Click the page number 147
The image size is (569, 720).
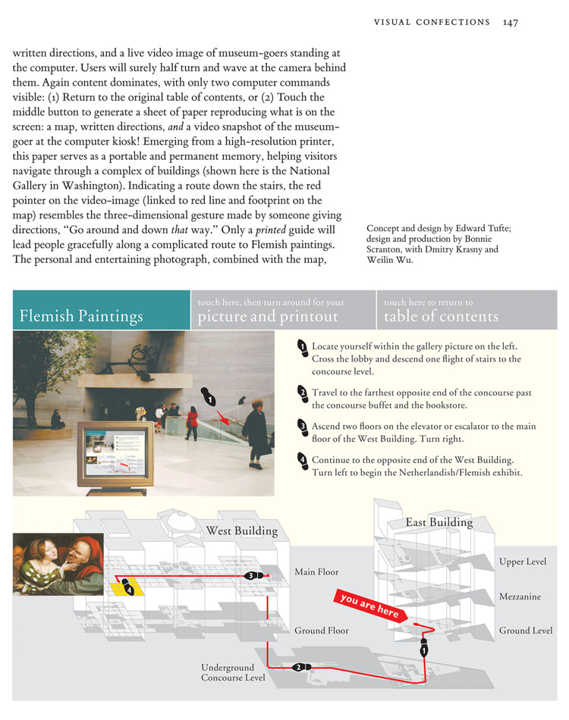click(x=510, y=22)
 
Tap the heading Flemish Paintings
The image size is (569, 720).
click(x=81, y=315)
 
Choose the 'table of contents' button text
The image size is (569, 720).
click(x=441, y=315)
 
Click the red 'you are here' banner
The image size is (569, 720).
click(x=369, y=606)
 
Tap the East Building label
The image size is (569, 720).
click(x=439, y=522)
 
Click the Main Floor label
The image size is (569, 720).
click(x=316, y=571)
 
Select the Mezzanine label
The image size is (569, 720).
click(x=520, y=596)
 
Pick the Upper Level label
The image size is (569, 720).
click(x=522, y=562)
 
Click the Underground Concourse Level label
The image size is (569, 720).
click(x=233, y=672)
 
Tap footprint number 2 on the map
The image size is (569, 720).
click(x=299, y=667)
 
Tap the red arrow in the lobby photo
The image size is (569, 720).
click(x=223, y=416)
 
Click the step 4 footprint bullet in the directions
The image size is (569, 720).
click(x=302, y=459)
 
